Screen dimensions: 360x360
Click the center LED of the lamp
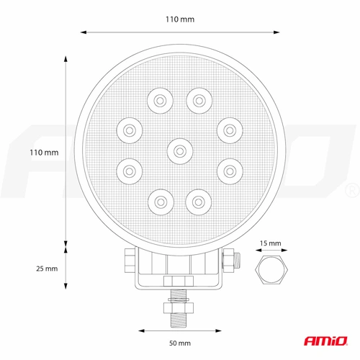coord(180,151)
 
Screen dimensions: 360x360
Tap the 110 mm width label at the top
coord(180,19)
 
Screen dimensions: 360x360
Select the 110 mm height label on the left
coord(44,153)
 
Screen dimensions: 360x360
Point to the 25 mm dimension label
coord(47,269)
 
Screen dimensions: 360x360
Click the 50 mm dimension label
coord(180,343)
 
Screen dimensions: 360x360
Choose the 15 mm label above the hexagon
coord(271,243)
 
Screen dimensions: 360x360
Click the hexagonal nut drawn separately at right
coord(271,269)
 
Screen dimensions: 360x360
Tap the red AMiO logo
coord(325,341)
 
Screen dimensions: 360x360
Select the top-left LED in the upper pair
coord(160,101)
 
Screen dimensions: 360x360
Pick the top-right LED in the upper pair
coord(199,101)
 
